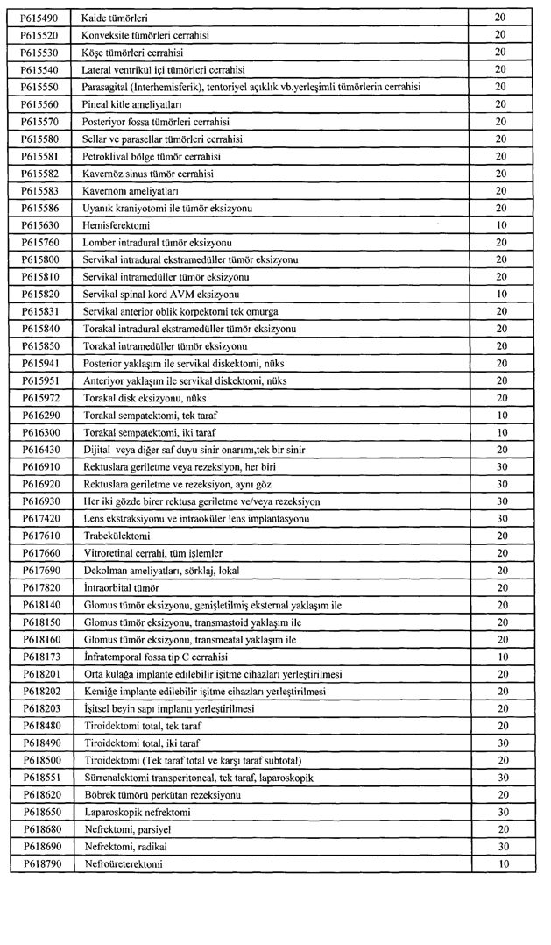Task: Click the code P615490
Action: coord(39,18)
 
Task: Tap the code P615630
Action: coord(39,224)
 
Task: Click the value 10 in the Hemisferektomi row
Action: coord(501,224)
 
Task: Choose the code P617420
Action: coord(39,518)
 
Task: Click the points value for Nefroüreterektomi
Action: coord(501,864)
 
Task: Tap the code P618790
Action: coord(39,864)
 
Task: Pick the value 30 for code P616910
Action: coord(501,466)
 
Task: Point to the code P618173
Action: coord(39,657)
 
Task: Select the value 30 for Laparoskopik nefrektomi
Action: coord(501,813)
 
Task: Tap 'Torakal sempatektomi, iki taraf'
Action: coord(149,432)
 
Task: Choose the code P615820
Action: coord(39,294)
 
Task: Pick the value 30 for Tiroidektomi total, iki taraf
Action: coord(501,742)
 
